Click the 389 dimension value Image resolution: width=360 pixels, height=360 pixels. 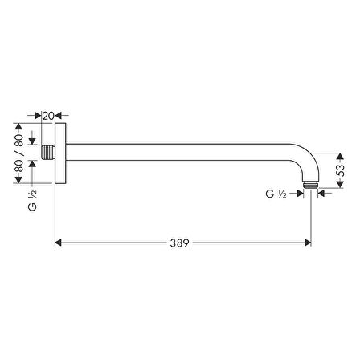[x=179, y=243]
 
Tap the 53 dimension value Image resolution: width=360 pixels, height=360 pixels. [x=340, y=170]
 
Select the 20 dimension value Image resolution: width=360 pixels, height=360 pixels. [x=48, y=116]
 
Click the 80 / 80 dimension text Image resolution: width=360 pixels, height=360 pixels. [x=18, y=153]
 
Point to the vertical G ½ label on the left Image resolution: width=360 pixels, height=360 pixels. [x=32, y=200]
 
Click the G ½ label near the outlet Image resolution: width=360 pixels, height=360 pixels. [x=276, y=194]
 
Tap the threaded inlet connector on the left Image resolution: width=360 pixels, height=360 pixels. [x=48, y=152]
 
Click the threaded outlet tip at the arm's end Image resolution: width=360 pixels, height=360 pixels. [x=310, y=185]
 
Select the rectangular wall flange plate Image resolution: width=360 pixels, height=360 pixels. [x=60, y=153]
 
